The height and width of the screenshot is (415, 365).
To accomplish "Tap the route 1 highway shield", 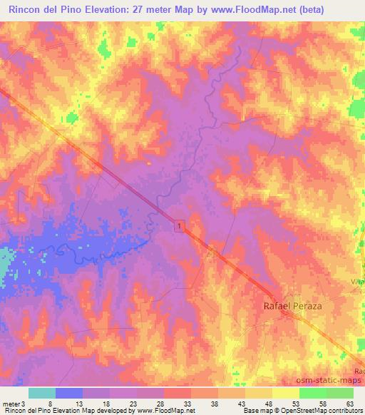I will (x=180, y=225).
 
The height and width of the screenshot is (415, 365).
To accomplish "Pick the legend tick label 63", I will (x=349, y=404).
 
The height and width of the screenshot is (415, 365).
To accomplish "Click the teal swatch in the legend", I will (x=42, y=393).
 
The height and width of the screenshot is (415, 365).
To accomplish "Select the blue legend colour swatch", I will (x=69, y=393).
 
